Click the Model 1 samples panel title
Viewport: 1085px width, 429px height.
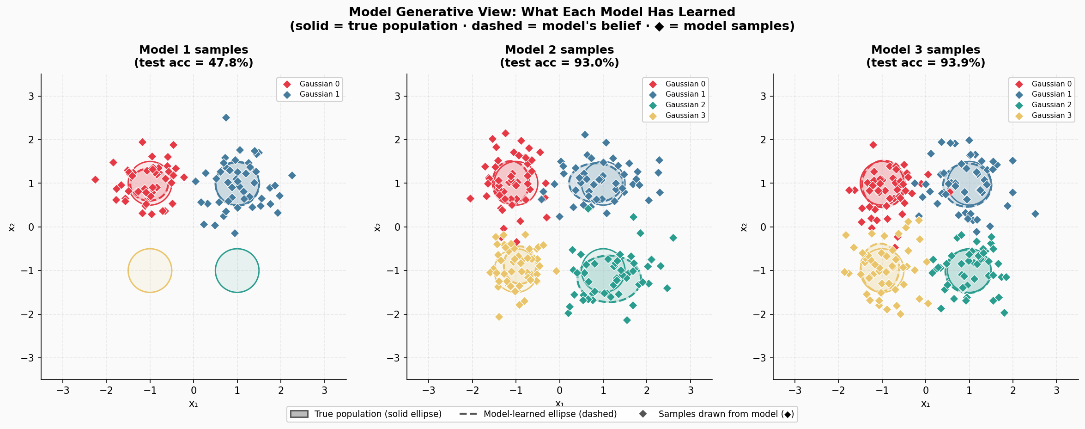coord(194,50)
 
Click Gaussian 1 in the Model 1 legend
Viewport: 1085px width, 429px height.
coord(319,94)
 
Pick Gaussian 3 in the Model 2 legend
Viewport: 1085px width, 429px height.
coord(685,116)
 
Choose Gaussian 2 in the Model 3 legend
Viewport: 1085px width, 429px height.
coord(1051,105)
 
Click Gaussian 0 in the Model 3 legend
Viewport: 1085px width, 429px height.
coord(1051,84)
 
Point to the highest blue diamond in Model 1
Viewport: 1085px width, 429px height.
coord(226,118)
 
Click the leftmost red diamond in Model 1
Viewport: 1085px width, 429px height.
coord(95,179)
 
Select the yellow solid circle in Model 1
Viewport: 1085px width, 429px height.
coord(150,270)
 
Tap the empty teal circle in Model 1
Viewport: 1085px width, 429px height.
coord(237,270)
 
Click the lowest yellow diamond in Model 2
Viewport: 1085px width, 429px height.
coord(499,317)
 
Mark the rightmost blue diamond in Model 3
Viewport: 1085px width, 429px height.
coord(1035,214)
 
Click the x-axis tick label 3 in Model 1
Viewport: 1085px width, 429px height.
coord(324,391)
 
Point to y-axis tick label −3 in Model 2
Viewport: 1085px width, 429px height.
coord(394,358)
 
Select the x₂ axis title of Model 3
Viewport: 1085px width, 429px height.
coord(744,227)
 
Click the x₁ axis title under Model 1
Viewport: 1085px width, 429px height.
coord(194,404)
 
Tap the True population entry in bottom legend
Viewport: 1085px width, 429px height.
coord(377,414)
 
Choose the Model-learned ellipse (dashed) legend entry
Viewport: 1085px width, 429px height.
coord(550,414)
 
